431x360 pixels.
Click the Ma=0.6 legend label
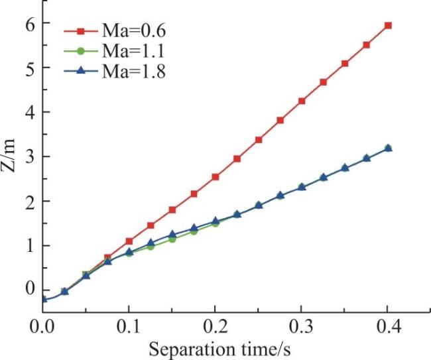[x=134, y=31]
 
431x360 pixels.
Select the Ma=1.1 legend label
[x=133, y=51]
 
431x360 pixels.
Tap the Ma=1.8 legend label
[x=134, y=72]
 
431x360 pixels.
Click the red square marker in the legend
[x=80, y=31]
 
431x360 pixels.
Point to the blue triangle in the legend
[x=80, y=71]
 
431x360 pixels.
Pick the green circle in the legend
[x=80, y=51]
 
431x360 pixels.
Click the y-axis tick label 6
[x=30, y=23]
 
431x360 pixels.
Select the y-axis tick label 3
[x=30, y=156]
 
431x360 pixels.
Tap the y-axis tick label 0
[x=30, y=289]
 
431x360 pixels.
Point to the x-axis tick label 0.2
[x=215, y=327]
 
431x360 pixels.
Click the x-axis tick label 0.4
[x=388, y=327]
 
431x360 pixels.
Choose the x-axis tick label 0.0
[x=42, y=327]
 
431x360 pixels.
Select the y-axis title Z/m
[x=9, y=156]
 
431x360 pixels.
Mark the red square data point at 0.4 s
[x=388, y=26]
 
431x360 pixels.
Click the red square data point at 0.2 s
[x=215, y=177]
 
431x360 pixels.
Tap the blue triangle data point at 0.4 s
[x=388, y=148]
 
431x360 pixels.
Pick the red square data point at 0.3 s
[x=302, y=101]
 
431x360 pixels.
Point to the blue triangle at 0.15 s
[x=172, y=234]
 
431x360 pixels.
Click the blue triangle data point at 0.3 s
[x=302, y=187]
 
